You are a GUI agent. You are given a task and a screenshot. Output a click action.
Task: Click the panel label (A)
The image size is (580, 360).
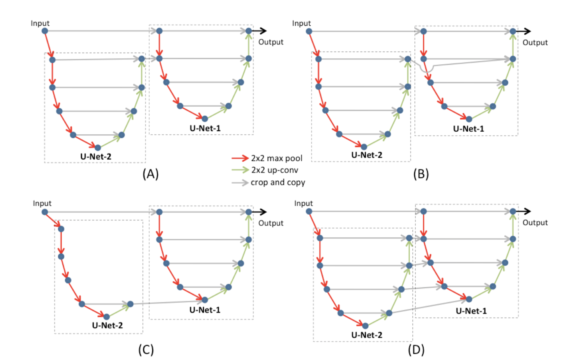(150, 174)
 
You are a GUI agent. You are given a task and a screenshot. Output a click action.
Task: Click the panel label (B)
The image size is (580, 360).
(421, 174)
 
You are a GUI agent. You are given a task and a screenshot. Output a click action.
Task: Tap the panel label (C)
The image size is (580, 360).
(146, 350)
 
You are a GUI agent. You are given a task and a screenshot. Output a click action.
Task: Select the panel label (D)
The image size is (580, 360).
(416, 350)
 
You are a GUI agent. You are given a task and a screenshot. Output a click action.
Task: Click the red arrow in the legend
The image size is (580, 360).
(240, 158)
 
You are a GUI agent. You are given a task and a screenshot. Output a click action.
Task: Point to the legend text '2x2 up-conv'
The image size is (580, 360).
(275, 170)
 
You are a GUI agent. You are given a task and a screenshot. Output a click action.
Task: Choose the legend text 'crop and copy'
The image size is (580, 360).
(278, 182)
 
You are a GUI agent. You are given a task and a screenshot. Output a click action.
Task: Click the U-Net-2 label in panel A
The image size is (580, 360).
(96, 157)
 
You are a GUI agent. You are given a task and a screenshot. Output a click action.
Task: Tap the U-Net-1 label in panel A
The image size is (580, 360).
(205, 128)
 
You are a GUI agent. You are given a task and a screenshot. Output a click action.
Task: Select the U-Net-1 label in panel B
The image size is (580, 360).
(469, 129)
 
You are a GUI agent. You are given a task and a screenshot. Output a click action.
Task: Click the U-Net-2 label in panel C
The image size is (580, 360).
(107, 325)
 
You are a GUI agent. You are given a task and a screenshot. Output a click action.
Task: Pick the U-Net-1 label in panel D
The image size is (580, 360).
(471, 311)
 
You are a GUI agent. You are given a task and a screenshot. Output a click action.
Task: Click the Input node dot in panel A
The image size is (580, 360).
(45, 31)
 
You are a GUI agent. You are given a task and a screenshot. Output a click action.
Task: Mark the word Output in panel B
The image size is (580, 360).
(535, 42)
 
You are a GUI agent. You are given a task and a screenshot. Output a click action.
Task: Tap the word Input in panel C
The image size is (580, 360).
(42, 203)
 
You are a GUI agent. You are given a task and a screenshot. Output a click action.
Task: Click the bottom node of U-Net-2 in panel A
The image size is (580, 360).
(98, 148)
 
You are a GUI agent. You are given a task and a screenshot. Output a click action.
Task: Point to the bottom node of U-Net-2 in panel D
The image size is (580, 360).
(365, 326)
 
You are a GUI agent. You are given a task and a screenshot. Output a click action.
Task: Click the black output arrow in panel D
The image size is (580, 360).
(524, 211)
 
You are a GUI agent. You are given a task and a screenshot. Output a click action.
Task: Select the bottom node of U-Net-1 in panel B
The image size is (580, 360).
(469, 119)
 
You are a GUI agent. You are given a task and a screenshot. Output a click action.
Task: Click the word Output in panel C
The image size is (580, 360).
(271, 223)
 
